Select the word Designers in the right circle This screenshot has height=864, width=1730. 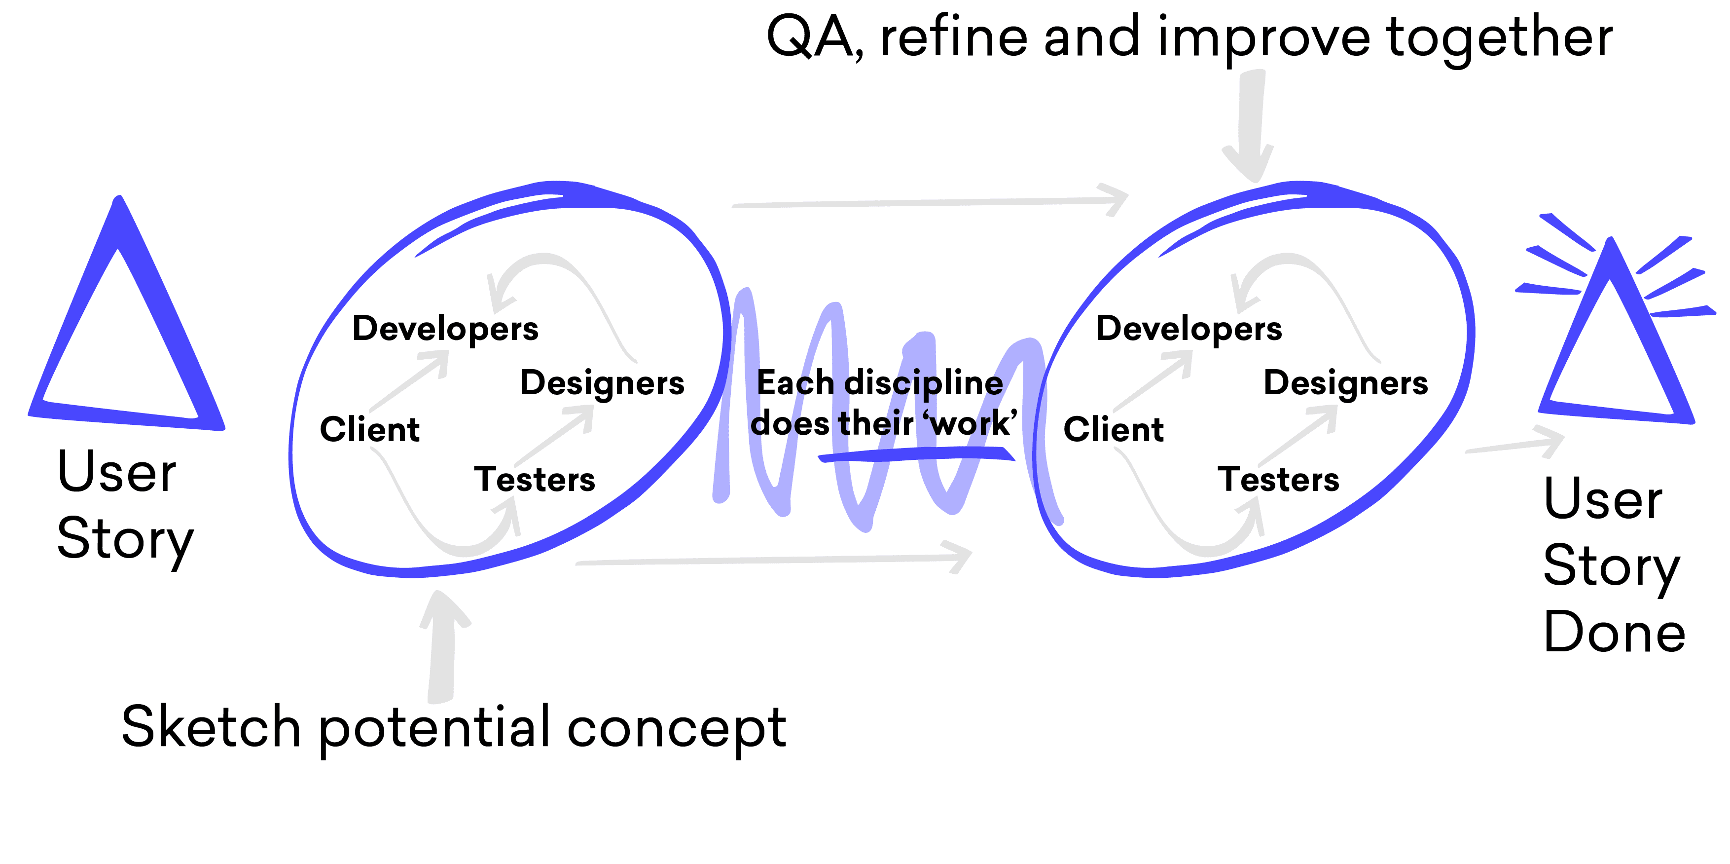coord(1346,383)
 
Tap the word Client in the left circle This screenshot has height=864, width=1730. coord(369,429)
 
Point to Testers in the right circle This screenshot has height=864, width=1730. coord(1278,479)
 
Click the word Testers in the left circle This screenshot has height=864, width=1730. coord(535,479)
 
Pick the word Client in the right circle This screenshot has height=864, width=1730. coord(1114,429)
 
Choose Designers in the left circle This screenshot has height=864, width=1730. coord(603,383)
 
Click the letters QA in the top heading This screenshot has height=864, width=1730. coord(809,38)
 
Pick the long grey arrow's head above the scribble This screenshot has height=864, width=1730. coord(1115,199)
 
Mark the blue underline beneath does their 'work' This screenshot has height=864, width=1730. coord(917,454)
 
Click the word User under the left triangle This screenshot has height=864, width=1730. coord(117,472)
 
